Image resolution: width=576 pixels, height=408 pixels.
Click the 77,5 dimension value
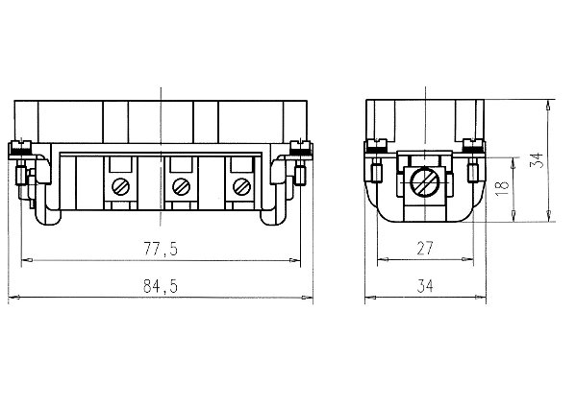coord(161,249)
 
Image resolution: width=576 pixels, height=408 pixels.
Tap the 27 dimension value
coord(424,249)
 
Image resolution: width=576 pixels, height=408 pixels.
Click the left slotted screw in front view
coord(121,184)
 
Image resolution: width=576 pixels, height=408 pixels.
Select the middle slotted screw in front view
coord(178,184)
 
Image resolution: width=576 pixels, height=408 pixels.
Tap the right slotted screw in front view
coord(235,184)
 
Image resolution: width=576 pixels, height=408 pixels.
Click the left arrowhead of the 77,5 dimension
coord(27,259)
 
